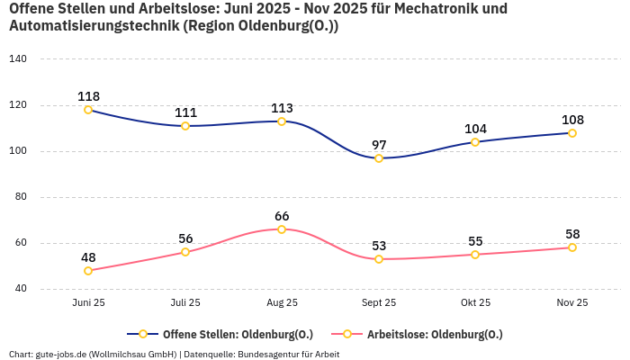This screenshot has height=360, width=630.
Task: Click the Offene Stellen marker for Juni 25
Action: [x=88, y=110]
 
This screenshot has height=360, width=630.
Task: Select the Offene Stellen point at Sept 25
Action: [x=379, y=158]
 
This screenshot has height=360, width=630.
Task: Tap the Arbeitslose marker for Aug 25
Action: [x=282, y=229]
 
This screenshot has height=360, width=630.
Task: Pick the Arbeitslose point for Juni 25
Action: [x=88, y=271]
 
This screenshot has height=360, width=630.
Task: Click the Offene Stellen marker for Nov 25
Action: [x=572, y=133]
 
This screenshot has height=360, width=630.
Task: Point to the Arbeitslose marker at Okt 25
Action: [x=475, y=255]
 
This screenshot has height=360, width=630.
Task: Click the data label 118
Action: [x=88, y=96]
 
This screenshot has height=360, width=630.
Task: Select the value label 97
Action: [x=379, y=145]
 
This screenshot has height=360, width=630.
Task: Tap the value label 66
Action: [x=282, y=216]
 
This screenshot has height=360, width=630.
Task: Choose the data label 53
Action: [x=379, y=246]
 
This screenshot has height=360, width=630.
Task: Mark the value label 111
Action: [x=185, y=112]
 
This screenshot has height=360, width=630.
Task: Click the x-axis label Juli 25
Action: [x=185, y=303]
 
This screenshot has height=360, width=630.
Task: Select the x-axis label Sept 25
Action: [x=379, y=303]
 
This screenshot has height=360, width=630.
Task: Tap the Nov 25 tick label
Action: [x=572, y=303]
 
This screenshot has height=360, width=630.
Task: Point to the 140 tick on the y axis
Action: [x=18, y=58]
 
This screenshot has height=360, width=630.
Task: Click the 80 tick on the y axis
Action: [x=21, y=196]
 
